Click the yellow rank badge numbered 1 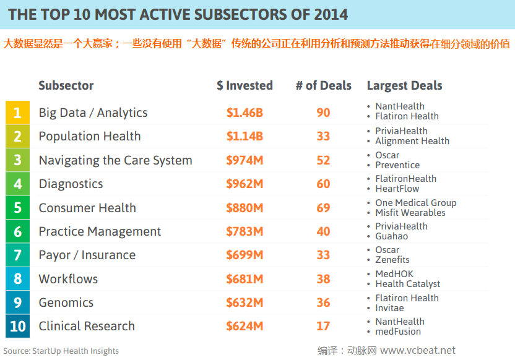[17, 113]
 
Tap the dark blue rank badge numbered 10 [17, 326]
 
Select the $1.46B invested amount [245, 113]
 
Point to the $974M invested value [245, 160]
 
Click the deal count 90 [323, 113]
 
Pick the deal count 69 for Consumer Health [323, 208]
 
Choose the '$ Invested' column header [245, 85]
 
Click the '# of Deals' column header [323, 85]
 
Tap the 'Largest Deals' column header [404, 85]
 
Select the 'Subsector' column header [66, 85]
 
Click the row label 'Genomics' [66, 302]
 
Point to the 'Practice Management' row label [100, 231]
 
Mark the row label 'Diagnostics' [71, 184]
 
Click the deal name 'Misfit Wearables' [410, 213]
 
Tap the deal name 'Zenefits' [392, 260]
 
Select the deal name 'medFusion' [398, 331]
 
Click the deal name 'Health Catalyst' [408, 284]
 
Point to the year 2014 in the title [327, 14]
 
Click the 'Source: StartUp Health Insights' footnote [61, 351]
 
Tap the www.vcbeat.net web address [418, 350]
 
